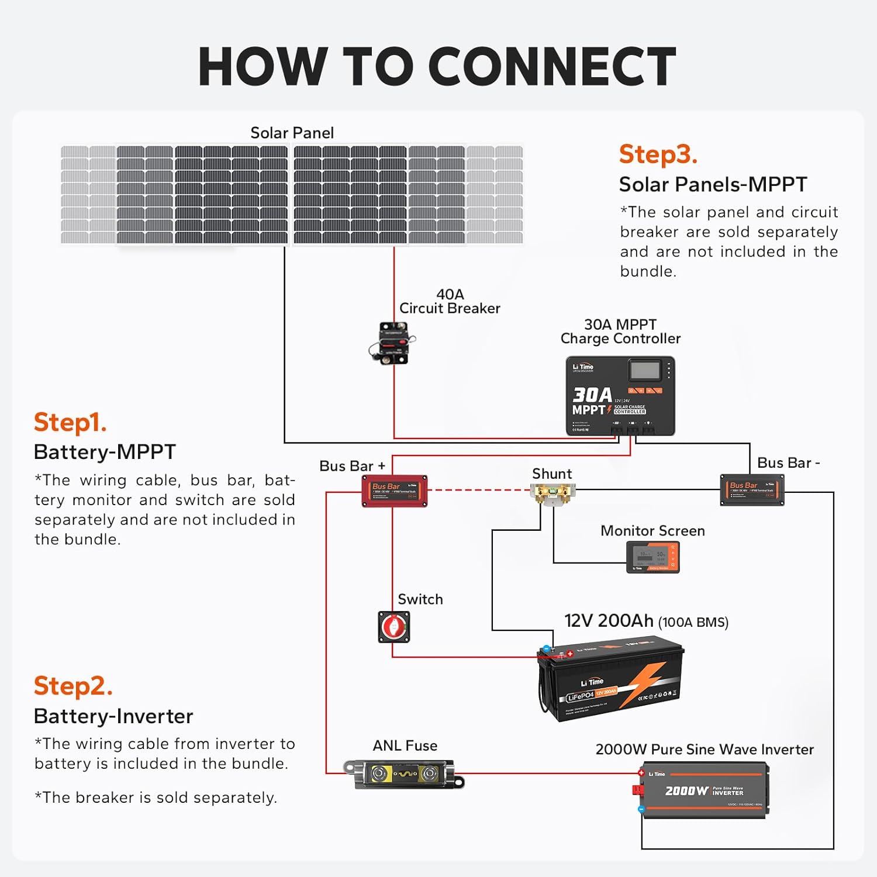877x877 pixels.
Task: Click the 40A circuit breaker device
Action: point(390,343)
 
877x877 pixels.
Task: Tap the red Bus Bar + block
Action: point(395,491)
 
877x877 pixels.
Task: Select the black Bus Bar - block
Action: point(752,490)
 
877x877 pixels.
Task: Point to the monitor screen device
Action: point(652,557)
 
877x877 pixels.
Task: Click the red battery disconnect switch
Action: point(394,627)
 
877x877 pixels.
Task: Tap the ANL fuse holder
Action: point(403,775)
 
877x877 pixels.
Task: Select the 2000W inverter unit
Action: point(705,790)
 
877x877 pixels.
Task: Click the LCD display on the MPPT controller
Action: point(645,371)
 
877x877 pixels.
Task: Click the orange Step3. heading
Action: point(658,154)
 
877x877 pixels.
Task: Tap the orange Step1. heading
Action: point(70,422)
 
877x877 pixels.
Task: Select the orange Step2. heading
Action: point(73,686)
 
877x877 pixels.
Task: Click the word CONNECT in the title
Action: point(553,67)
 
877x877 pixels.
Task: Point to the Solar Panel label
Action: point(292,133)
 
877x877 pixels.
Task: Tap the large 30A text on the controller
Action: point(592,395)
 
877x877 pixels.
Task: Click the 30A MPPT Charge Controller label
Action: point(620,332)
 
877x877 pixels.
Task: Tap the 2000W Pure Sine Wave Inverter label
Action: point(704,750)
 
